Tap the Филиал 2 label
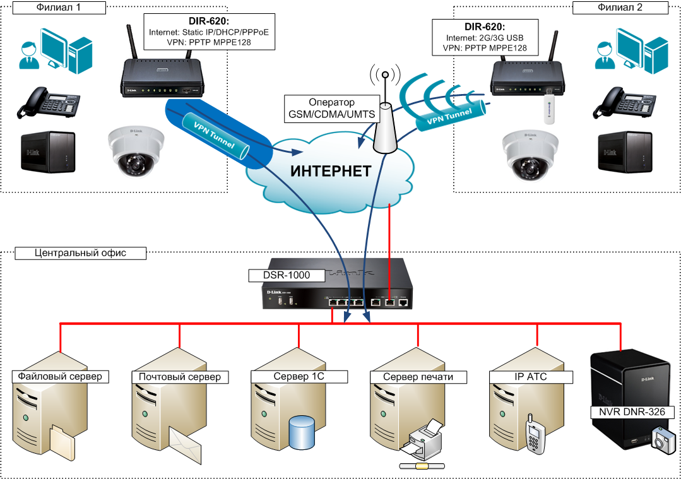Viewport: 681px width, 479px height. pos(619,8)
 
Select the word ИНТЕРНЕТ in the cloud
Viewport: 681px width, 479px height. pos(330,171)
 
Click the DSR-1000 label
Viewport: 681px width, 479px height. pos(286,275)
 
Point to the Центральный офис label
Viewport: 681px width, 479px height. pos(80,253)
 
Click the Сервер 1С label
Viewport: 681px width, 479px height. pos(299,376)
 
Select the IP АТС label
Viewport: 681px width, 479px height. pos(531,376)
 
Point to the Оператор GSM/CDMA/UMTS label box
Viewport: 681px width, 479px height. pos(331,108)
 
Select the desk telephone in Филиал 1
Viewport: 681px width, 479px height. pos(49,103)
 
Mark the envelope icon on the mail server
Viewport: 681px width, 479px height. pos(186,445)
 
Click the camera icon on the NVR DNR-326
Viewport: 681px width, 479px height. pos(663,440)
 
